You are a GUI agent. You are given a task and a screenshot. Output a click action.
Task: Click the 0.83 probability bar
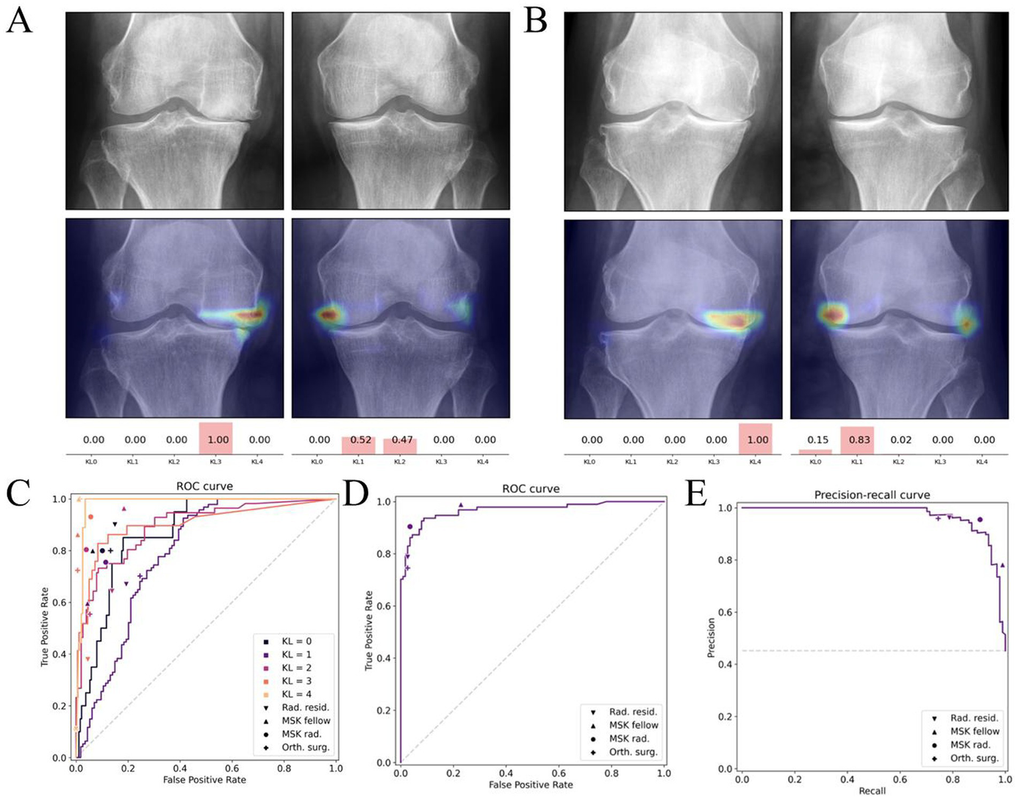point(858,440)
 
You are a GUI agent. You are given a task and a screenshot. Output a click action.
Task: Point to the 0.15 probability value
point(817,440)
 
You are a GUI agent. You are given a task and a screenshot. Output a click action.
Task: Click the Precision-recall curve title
point(871,495)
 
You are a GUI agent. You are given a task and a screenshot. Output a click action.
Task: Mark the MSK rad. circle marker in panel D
point(410,526)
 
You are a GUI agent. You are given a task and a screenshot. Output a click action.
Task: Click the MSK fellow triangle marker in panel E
point(1002,565)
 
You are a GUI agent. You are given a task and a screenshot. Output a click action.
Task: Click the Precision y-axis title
point(711,638)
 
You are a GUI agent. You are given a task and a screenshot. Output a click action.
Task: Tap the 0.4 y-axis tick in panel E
point(726,664)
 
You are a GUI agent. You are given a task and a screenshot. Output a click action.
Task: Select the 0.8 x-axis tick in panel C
point(284,769)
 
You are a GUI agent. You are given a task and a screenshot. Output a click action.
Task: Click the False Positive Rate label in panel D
point(531,784)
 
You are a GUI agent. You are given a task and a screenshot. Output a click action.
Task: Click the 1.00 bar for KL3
point(216,439)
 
